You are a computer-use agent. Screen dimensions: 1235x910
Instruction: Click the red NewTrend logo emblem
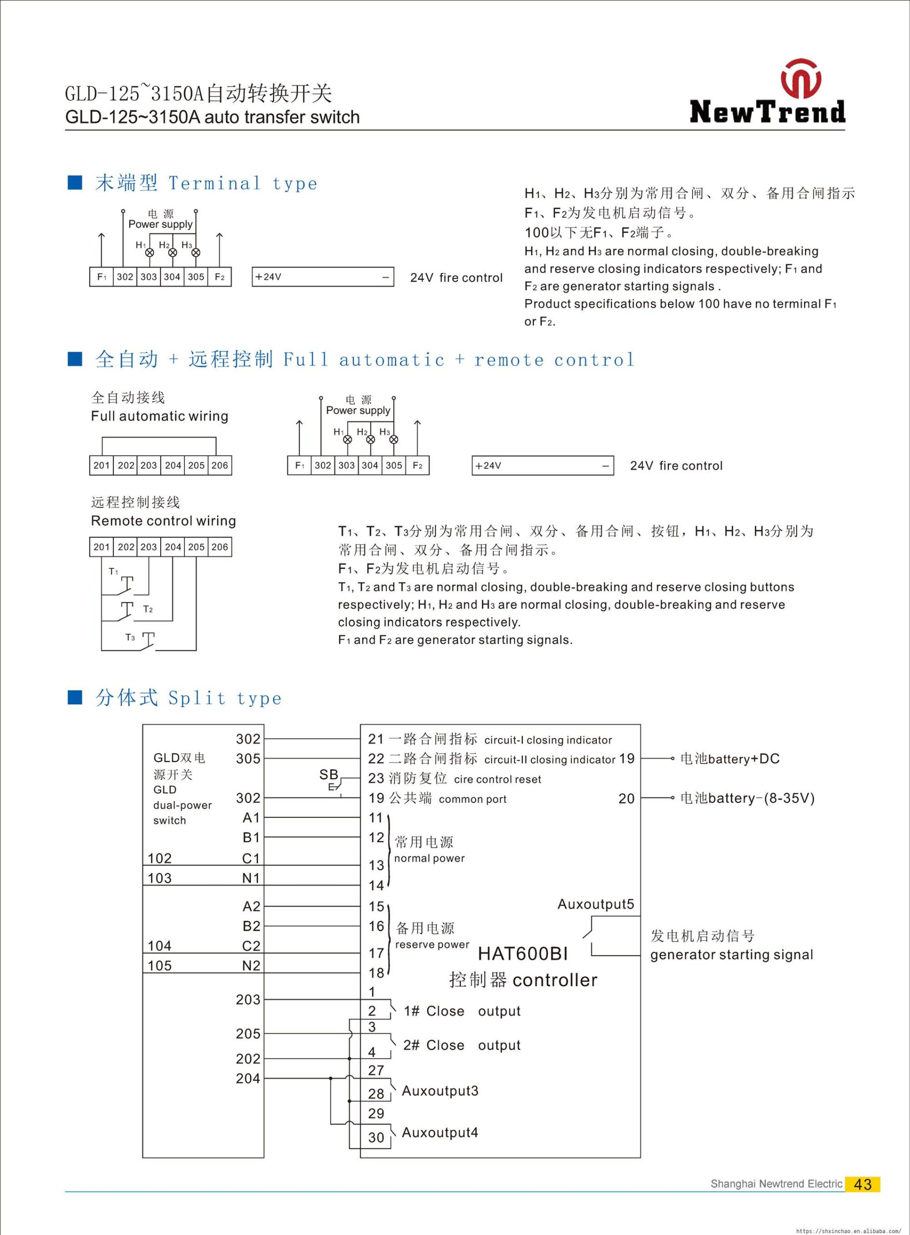tap(801, 79)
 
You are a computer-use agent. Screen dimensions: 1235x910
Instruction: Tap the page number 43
tap(862, 1184)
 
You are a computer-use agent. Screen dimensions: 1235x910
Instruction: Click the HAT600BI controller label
tap(522, 953)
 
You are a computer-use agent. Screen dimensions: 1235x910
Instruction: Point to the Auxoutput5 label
tap(596, 905)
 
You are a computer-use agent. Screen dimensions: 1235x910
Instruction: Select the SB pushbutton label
tap(329, 774)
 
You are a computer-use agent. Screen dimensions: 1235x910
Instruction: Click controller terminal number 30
tap(376, 1137)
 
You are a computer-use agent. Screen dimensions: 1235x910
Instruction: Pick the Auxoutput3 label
tap(440, 1091)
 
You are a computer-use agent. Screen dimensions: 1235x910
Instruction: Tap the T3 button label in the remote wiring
tap(130, 638)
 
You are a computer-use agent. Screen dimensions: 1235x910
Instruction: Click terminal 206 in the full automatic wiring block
tap(219, 465)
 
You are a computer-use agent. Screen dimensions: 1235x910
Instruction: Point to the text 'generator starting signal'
tap(732, 955)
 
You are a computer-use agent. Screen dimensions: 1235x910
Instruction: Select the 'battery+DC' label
tap(730, 759)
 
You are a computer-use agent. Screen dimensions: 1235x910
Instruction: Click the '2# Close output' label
tap(462, 1045)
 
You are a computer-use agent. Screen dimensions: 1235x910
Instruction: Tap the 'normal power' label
tap(429, 858)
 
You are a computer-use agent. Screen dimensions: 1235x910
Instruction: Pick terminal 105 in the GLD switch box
tap(160, 965)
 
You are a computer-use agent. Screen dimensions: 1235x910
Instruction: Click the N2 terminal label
tap(251, 965)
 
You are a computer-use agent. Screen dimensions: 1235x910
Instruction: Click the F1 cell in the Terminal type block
tap(101, 276)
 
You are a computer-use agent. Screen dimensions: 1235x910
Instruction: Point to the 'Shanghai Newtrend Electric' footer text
tap(776, 1184)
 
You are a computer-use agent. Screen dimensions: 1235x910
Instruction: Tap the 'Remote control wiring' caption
tap(163, 521)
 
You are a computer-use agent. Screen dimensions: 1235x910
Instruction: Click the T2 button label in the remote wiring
tap(148, 609)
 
